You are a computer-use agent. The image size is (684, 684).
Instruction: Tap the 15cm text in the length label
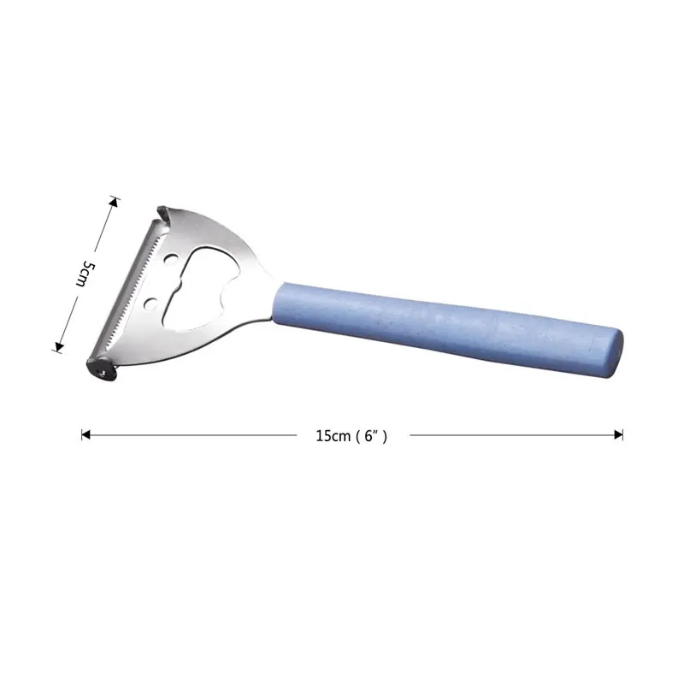pyautogui.click(x=333, y=436)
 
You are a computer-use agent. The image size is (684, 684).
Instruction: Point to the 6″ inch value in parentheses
pyautogui.click(x=371, y=436)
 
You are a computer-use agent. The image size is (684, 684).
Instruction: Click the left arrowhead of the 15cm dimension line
pyautogui.click(x=85, y=435)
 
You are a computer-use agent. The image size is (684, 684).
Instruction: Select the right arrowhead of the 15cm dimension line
pyautogui.click(x=618, y=435)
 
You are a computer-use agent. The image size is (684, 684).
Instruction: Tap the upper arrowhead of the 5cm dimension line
pyautogui.click(x=115, y=202)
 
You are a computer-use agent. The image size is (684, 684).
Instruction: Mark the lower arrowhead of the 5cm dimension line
pyautogui.click(x=58, y=347)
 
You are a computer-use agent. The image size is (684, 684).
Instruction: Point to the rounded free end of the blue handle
pyautogui.click(x=615, y=353)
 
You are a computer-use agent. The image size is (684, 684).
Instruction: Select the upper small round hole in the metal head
pyautogui.click(x=170, y=260)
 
